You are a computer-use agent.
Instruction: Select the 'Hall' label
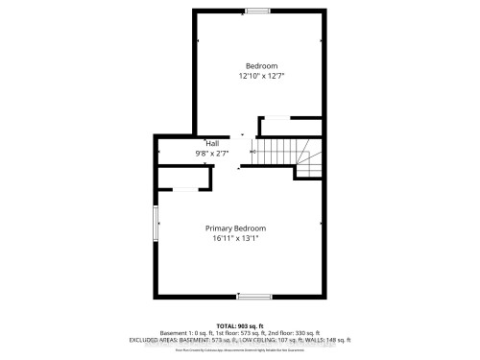[x=199, y=143]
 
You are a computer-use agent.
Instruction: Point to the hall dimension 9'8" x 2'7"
[x=199, y=153]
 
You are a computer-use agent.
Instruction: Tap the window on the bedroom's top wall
[x=256, y=12]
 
